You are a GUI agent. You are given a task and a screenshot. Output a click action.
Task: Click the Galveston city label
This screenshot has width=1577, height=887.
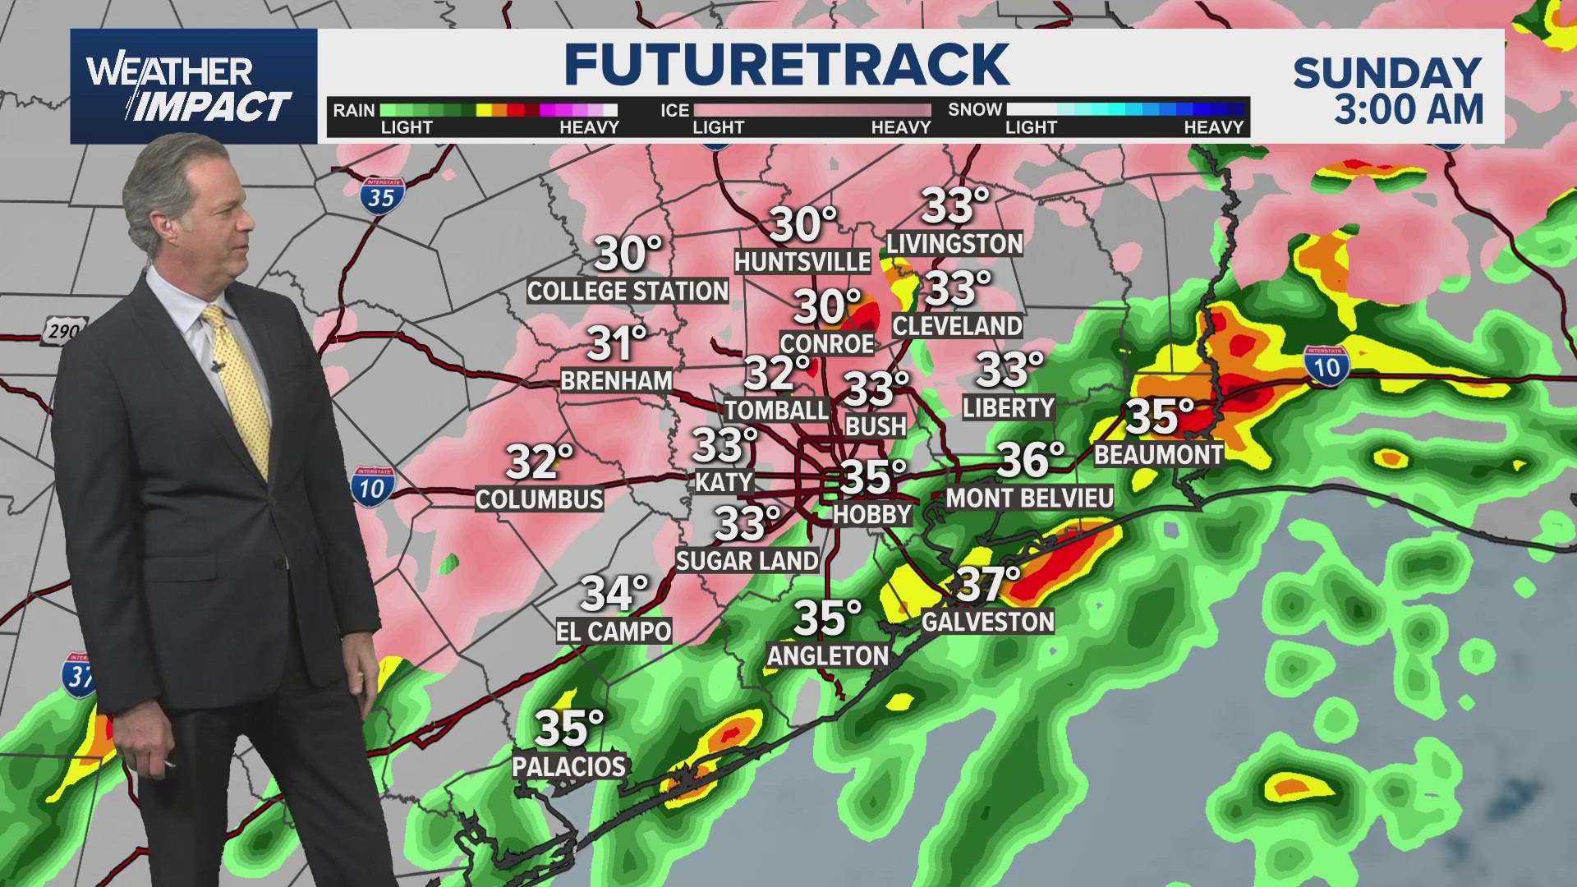click(987, 622)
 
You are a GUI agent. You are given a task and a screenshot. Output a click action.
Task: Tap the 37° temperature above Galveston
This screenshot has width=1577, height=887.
click(988, 584)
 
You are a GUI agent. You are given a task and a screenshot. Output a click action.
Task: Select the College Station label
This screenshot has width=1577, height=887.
click(628, 291)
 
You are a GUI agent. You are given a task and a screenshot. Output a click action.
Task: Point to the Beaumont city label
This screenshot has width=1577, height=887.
click(1158, 454)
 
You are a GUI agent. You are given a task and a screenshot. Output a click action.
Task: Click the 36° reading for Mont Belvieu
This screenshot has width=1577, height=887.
click(1031, 460)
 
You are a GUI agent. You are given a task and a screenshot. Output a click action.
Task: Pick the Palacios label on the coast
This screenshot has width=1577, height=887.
click(568, 766)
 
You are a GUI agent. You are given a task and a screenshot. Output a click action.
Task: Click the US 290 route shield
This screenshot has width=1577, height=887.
click(63, 331)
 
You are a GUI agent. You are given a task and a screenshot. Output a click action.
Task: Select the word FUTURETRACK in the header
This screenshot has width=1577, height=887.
click(786, 66)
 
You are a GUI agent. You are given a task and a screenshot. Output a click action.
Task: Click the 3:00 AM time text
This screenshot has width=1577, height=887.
click(1409, 110)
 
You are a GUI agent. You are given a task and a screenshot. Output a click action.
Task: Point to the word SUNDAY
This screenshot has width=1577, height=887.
click(1387, 74)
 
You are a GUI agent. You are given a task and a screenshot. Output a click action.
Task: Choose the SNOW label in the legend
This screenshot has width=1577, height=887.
click(975, 109)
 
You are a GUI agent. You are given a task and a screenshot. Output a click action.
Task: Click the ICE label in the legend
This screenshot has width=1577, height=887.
click(674, 110)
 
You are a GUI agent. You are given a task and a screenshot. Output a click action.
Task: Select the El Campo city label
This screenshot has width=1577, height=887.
click(614, 631)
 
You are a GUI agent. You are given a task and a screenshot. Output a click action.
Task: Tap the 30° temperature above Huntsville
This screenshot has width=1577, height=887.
click(802, 224)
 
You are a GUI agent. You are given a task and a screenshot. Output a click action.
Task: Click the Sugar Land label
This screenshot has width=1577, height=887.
click(747, 561)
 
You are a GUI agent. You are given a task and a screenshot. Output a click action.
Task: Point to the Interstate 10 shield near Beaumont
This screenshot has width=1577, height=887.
click(1326, 366)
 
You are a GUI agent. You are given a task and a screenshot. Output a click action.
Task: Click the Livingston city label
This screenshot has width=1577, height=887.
click(954, 244)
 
